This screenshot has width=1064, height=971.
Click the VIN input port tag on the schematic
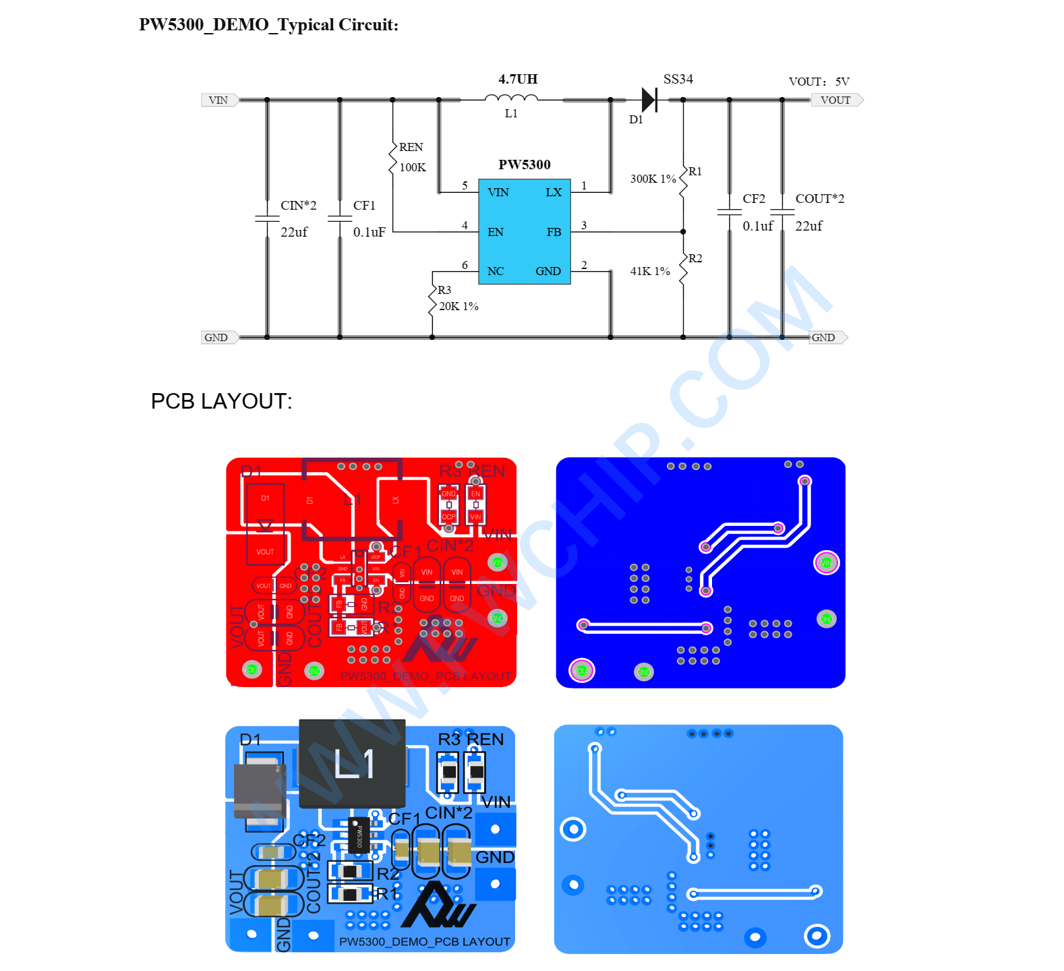pos(218,100)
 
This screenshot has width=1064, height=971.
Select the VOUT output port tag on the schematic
pos(836,100)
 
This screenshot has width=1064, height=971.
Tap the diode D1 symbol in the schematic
pos(649,100)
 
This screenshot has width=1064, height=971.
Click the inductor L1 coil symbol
pos(511,98)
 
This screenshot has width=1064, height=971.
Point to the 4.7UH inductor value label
pos(518,79)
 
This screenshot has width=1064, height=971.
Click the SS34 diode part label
pos(678,79)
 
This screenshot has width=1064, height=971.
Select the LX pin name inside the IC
pos(554,192)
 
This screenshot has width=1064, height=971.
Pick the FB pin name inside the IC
pos(554,232)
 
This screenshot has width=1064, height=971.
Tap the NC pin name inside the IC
pos(496,271)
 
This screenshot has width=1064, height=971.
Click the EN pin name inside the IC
pos(496,232)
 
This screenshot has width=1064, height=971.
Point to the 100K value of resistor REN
pos(413,167)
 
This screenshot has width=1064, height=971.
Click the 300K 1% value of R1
pos(653,179)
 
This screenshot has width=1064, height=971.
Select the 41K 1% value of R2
pos(650,271)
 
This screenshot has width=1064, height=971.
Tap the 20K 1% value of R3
pos(459,306)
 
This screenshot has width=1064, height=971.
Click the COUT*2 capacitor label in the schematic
pos(819,199)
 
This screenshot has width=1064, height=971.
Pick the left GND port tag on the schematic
pos(217,337)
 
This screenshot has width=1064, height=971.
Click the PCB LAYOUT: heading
pos(221,401)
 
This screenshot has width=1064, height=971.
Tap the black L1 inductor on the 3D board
pos(352,763)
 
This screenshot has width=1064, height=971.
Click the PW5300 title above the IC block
pos(524,165)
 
